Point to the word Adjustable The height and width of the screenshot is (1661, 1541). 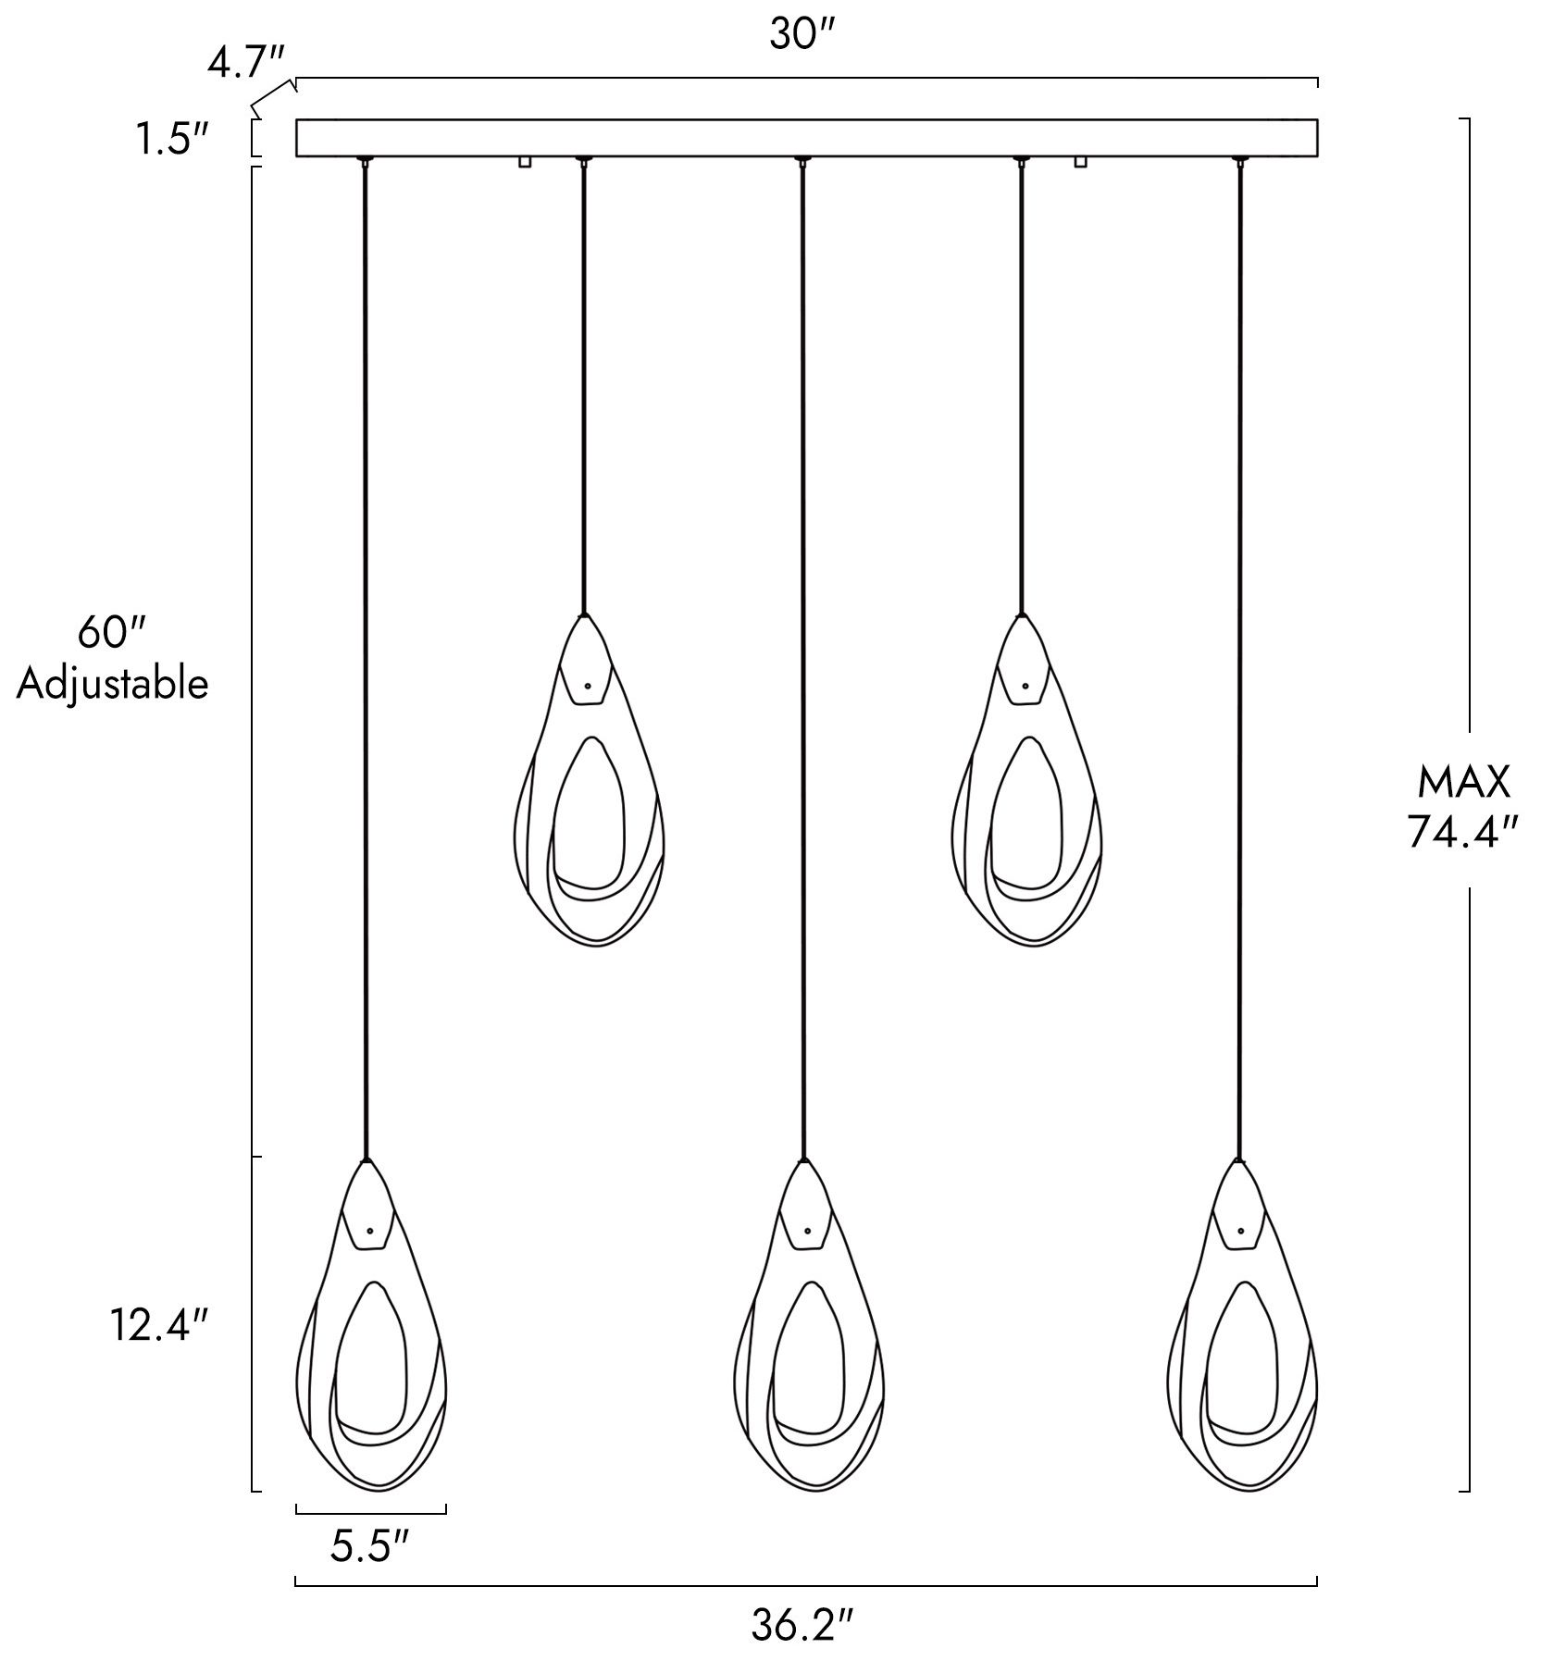pyautogui.click(x=112, y=685)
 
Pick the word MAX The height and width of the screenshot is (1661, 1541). pyautogui.click(x=1464, y=783)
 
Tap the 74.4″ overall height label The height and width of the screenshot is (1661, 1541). pyautogui.click(x=1463, y=833)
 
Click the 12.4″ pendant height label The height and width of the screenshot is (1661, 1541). pyautogui.click(x=159, y=1328)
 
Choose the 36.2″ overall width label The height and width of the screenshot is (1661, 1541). pyautogui.click(x=802, y=1625)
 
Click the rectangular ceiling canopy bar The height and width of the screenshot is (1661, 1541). pyautogui.click(x=806, y=138)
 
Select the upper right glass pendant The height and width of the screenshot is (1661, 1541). pyautogui.click(x=1027, y=779)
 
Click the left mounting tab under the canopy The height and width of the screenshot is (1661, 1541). pyautogui.click(x=525, y=162)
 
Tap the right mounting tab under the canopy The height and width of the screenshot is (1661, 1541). pyautogui.click(x=1079, y=162)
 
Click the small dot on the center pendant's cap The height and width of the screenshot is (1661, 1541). pyautogui.click(x=807, y=1232)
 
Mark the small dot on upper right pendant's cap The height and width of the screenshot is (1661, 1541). pyautogui.click(x=1025, y=686)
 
